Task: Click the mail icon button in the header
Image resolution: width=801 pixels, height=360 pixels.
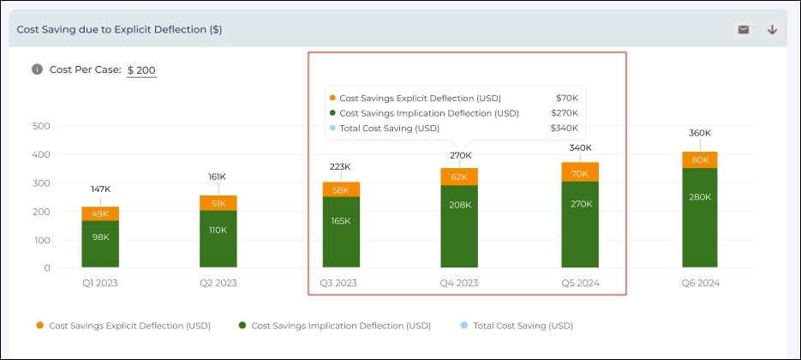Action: pos(743,30)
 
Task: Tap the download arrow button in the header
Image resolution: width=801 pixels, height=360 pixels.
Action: pos(772,30)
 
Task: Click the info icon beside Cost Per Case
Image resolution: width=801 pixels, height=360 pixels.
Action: pos(37,69)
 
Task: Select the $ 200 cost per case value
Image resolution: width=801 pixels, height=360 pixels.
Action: pos(141,70)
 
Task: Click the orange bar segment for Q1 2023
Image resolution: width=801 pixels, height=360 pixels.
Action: pos(100,213)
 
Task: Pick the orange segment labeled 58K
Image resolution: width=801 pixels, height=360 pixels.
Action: pos(341,189)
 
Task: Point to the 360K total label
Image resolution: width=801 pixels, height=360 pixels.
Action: pos(700,133)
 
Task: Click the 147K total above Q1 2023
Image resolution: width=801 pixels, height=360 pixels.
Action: pos(100,188)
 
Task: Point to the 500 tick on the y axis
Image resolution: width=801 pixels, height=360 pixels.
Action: pos(41,126)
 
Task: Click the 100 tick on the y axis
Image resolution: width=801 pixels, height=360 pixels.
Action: pos(41,240)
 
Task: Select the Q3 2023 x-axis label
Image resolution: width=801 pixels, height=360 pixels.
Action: pos(338,282)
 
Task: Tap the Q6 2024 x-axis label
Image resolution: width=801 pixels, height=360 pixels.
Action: pos(699,282)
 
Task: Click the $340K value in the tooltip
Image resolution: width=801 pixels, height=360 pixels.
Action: pos(564,129)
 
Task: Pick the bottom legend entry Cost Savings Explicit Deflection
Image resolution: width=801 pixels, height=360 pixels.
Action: pos(129,326)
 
